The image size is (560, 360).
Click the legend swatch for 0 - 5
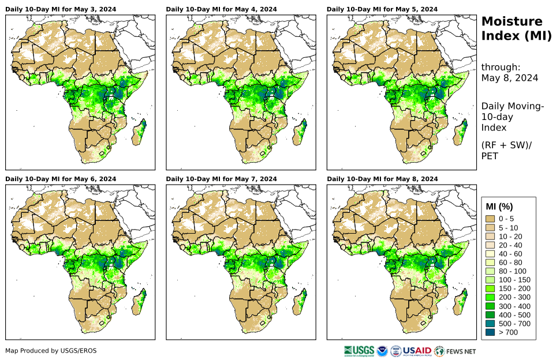tap(491, 219)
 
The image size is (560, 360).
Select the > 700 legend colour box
tap(491, 332)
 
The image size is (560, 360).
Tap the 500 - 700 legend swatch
tap(491, 324)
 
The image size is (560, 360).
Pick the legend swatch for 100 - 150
tap(491, 280)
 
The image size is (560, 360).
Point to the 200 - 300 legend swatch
tap(491, 297)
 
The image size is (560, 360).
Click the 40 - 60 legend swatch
tap(491, 254)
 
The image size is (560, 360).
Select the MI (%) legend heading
tap(499, 207)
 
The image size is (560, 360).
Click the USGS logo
tap(358, 351)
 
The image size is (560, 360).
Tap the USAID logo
tap(416, 351)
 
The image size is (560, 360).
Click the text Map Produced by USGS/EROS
tap(51, 351)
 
